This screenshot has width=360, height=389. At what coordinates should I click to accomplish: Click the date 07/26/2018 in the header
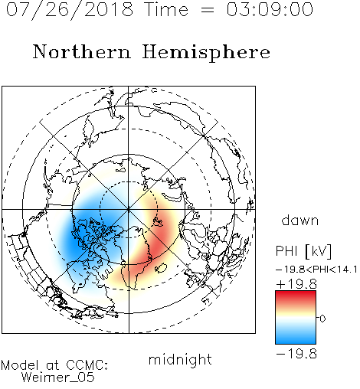pos(70,10)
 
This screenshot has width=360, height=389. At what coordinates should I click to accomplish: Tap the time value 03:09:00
pos(270,9)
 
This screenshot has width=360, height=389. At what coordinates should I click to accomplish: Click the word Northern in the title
pos(82,52)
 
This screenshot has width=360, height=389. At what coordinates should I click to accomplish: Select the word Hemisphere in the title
pos(206,53)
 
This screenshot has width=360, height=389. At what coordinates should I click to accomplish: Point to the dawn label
pos(300,221)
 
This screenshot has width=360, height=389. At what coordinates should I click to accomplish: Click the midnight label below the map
pos(180,360)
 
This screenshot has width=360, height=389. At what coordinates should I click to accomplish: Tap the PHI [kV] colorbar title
pos(304,251)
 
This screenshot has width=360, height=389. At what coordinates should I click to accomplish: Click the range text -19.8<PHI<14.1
pos(316,270)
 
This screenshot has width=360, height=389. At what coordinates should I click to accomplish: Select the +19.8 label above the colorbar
pos(296,284)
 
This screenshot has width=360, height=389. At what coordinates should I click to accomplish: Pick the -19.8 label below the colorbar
pos(296,354)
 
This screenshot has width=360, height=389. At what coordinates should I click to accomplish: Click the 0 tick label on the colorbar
pos(322,319)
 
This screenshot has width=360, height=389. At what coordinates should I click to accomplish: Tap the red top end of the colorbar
pos(296,293)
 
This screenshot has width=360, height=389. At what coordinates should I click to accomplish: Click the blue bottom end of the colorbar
pos(296,342)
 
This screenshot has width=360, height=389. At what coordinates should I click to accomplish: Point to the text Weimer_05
pos(58,378)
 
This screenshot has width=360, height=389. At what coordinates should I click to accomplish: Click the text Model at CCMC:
pos(54,365)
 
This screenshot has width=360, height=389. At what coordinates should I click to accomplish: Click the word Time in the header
pos(166,9)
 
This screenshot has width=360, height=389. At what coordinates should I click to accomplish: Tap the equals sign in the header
pos(208,10)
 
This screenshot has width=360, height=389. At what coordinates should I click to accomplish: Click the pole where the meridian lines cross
pos(129,209)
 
